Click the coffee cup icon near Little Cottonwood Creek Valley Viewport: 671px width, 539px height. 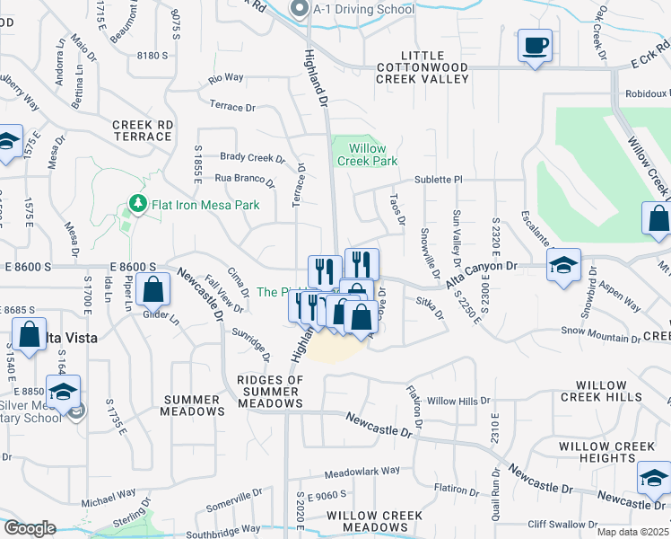click(x=535, y=45)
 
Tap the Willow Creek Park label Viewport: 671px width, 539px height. click(x=362, y=155)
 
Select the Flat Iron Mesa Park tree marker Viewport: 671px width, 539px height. click(x=137, y=205)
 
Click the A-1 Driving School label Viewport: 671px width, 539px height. click(x=363, y=10)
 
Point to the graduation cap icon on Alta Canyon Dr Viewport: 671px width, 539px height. click(x=564, y=265)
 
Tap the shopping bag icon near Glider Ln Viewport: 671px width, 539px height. click(x=154, y=290)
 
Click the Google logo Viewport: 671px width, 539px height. click(x=30, y=528)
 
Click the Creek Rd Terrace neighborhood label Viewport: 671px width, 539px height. click(x=142, y=130)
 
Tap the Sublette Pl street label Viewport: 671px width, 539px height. click(x=437, y=180)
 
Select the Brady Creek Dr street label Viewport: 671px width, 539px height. click(x=252, y=157)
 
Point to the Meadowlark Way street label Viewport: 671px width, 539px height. click(x=362, y=471)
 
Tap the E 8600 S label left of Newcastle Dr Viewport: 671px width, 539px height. click(x=133, y=267)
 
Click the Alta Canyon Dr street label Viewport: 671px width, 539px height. click(x=483, y=267)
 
